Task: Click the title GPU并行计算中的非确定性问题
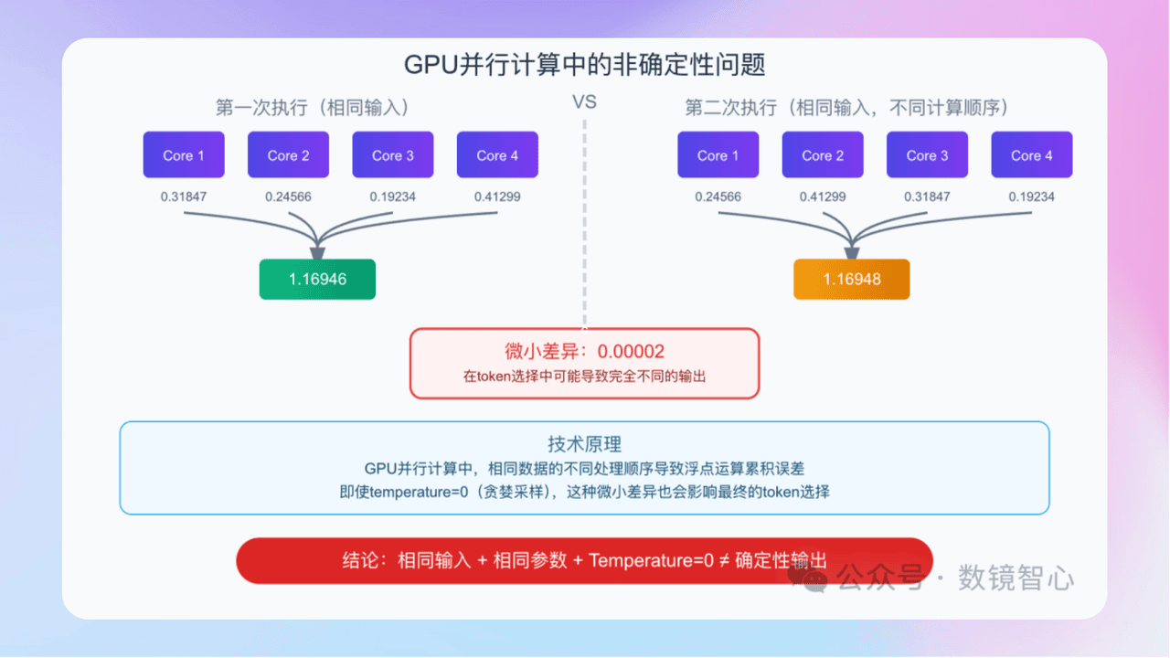(584, 66)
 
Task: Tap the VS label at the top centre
(584, 102)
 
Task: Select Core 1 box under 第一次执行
(184, 155)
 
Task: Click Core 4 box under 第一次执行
(497, 155)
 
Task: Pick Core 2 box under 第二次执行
(823, 155)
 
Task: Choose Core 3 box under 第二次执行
(927, 155)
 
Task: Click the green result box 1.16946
(317, 280)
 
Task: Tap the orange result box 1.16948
(851, 280)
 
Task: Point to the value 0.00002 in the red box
(631, 352)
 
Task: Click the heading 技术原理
(584, 444)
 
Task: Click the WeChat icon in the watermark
(811, 578)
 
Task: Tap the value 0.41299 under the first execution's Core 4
(497, 196)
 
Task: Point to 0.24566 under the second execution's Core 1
(718, 196)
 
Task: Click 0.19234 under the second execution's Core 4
(1031, 196)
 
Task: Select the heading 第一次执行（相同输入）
(313, 108)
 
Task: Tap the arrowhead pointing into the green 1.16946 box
(317, 250)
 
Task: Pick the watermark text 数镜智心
(1016, 578)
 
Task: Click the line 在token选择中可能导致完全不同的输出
(584, 376)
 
